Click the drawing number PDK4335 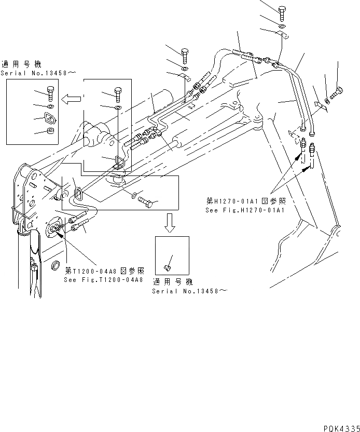[x=340, y=428]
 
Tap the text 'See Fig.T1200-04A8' [x=104, y=280]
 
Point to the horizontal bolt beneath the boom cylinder [x=146, y=202]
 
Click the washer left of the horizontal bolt [x=134, y=195]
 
